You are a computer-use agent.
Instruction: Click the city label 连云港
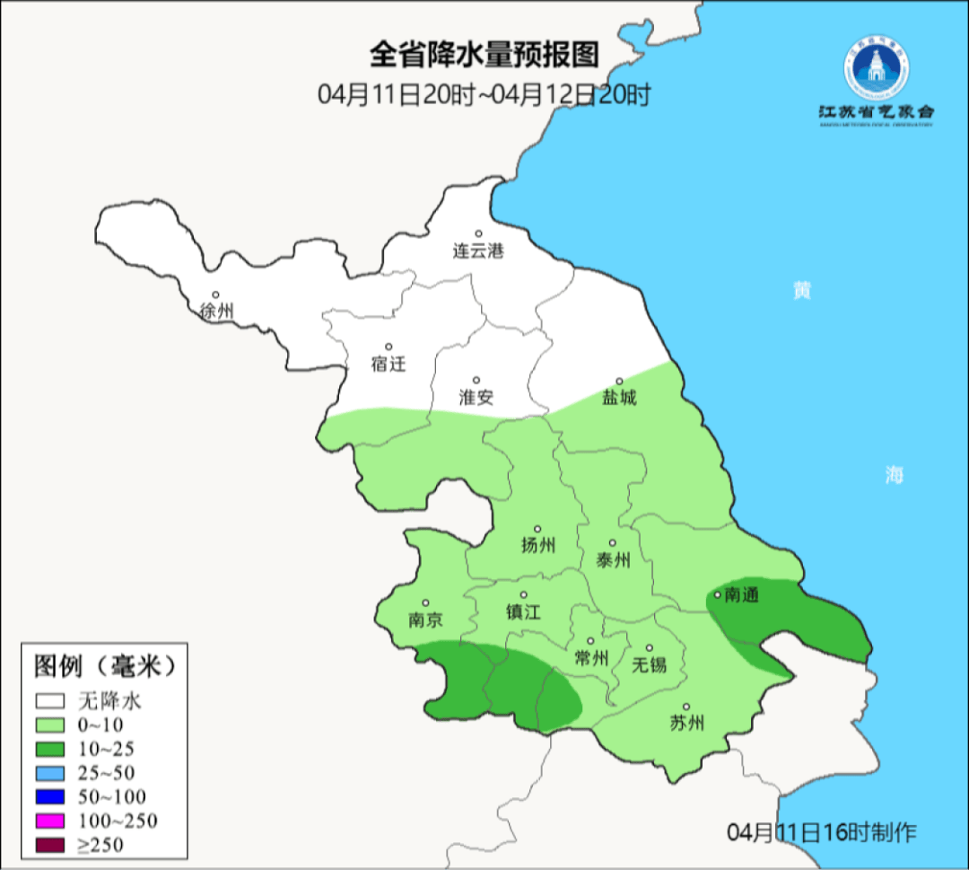(x=478, y=251)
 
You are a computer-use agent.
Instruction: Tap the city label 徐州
(x=216, y=312)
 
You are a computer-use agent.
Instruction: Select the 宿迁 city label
(x=388, y=364)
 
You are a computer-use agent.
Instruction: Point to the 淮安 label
(x=476, y=397)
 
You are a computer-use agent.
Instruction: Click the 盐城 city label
(x=619, y=397)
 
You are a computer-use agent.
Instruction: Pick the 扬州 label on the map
(x=538, y=545)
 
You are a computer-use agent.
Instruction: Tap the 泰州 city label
(x=613, y=560)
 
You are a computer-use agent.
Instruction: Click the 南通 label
(x=742, y=594)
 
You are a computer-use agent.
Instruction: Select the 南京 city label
(x=425, y=620)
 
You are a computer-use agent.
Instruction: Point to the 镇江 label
(x=524, y=612)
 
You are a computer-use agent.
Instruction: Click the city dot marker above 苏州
(x=686, y=707)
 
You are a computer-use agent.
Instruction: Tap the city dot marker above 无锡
(x=650, y=647)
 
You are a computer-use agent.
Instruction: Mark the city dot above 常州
(x=590, y=641)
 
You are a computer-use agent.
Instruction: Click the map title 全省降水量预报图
(x=484, y=56)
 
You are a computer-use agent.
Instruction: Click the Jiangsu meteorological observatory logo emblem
(x=875, y=70)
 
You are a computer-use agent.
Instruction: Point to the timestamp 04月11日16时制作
(x=822, y=832)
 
